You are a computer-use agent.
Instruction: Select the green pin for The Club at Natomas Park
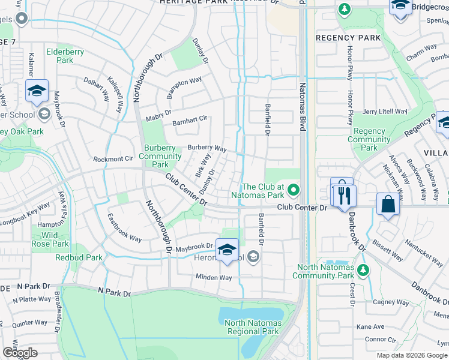tap(293, 190)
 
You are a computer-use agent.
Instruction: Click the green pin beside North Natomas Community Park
tap(363, 268)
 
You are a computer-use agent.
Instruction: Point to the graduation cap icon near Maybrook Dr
tap(227, 250)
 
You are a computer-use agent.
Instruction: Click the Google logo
tap(20, 353)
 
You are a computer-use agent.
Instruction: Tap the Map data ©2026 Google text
tap(412, 355)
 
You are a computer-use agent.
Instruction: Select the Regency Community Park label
tap(369, 139)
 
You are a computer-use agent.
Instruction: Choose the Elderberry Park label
tap(64, 56)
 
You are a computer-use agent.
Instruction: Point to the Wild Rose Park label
tap(50, 239)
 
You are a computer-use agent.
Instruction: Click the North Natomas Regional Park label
tap(252, 327)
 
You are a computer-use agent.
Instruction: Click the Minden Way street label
tap(212, 278)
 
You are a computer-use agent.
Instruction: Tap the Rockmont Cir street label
tap(112, 159)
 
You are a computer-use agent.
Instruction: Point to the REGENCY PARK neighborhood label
tap(348, 38)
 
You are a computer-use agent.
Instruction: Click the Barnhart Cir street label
tap(190, 122)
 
